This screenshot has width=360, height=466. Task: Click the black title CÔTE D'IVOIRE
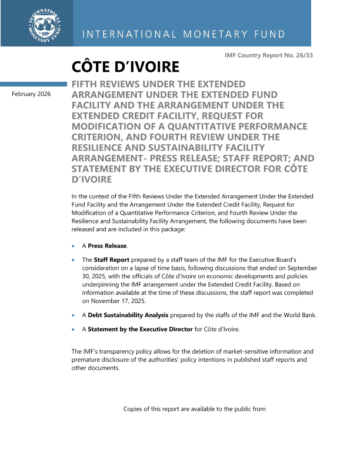(x=125, y=66)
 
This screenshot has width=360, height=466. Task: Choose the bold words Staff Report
(x=109, y=259)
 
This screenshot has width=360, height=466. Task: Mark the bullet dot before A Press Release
(x=73, y=247)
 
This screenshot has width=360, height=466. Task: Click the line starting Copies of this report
(x=195, y=408)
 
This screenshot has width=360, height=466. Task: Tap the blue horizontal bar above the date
(x=34, y=84)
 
